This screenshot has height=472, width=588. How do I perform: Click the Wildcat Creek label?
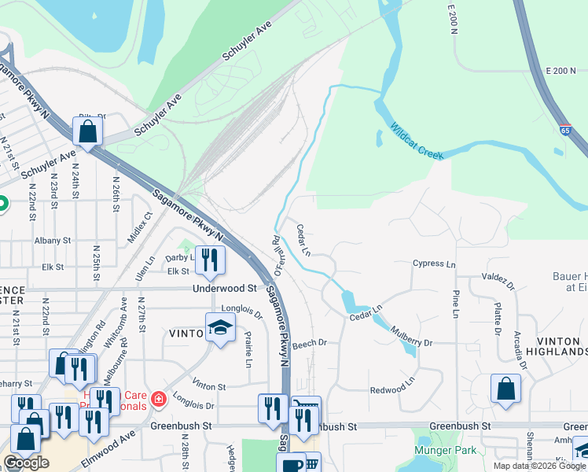(x=417, y=142)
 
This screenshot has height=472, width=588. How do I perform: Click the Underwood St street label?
(x=225, y=289)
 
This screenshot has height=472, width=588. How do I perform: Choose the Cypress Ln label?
(x=434, y=264)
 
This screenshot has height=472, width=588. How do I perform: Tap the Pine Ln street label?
(x=455, y=304)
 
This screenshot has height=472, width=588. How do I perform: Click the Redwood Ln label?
(x=391, y=389)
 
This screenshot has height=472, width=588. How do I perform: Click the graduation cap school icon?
(x=220, y=328)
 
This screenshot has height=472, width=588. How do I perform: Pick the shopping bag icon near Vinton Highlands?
(x=505, y=388)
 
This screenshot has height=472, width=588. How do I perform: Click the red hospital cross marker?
(x=159, y=400)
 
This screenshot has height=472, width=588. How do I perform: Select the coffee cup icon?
(x=291, y=465)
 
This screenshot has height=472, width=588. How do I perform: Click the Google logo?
(x=26, y=463)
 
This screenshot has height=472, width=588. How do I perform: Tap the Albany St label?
(x=53, y=240)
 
